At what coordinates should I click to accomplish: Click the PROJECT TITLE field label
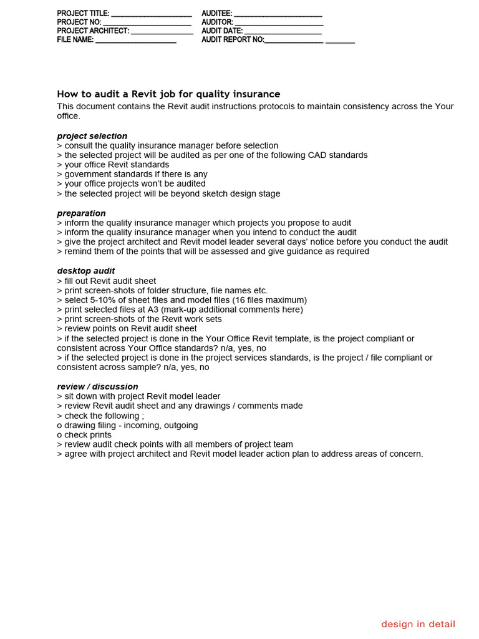(83, 13)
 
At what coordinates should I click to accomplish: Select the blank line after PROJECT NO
(152, 22)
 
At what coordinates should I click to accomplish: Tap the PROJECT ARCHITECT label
(93, 31)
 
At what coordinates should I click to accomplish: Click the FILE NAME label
(75, 39)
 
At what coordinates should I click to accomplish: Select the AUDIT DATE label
(222, 31)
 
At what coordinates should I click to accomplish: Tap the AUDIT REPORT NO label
(233, 39)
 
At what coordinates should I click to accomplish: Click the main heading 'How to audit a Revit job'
(168, 94)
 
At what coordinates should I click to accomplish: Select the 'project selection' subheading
(92, 136)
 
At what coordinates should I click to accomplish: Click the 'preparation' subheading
(81, 213)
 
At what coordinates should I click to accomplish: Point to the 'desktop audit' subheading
(85, 271)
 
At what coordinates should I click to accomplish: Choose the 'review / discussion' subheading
(97, 387)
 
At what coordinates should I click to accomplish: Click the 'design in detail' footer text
(418, 624)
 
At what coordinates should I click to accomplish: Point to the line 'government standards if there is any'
(132, 174)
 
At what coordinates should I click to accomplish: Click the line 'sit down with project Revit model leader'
(138, 396)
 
